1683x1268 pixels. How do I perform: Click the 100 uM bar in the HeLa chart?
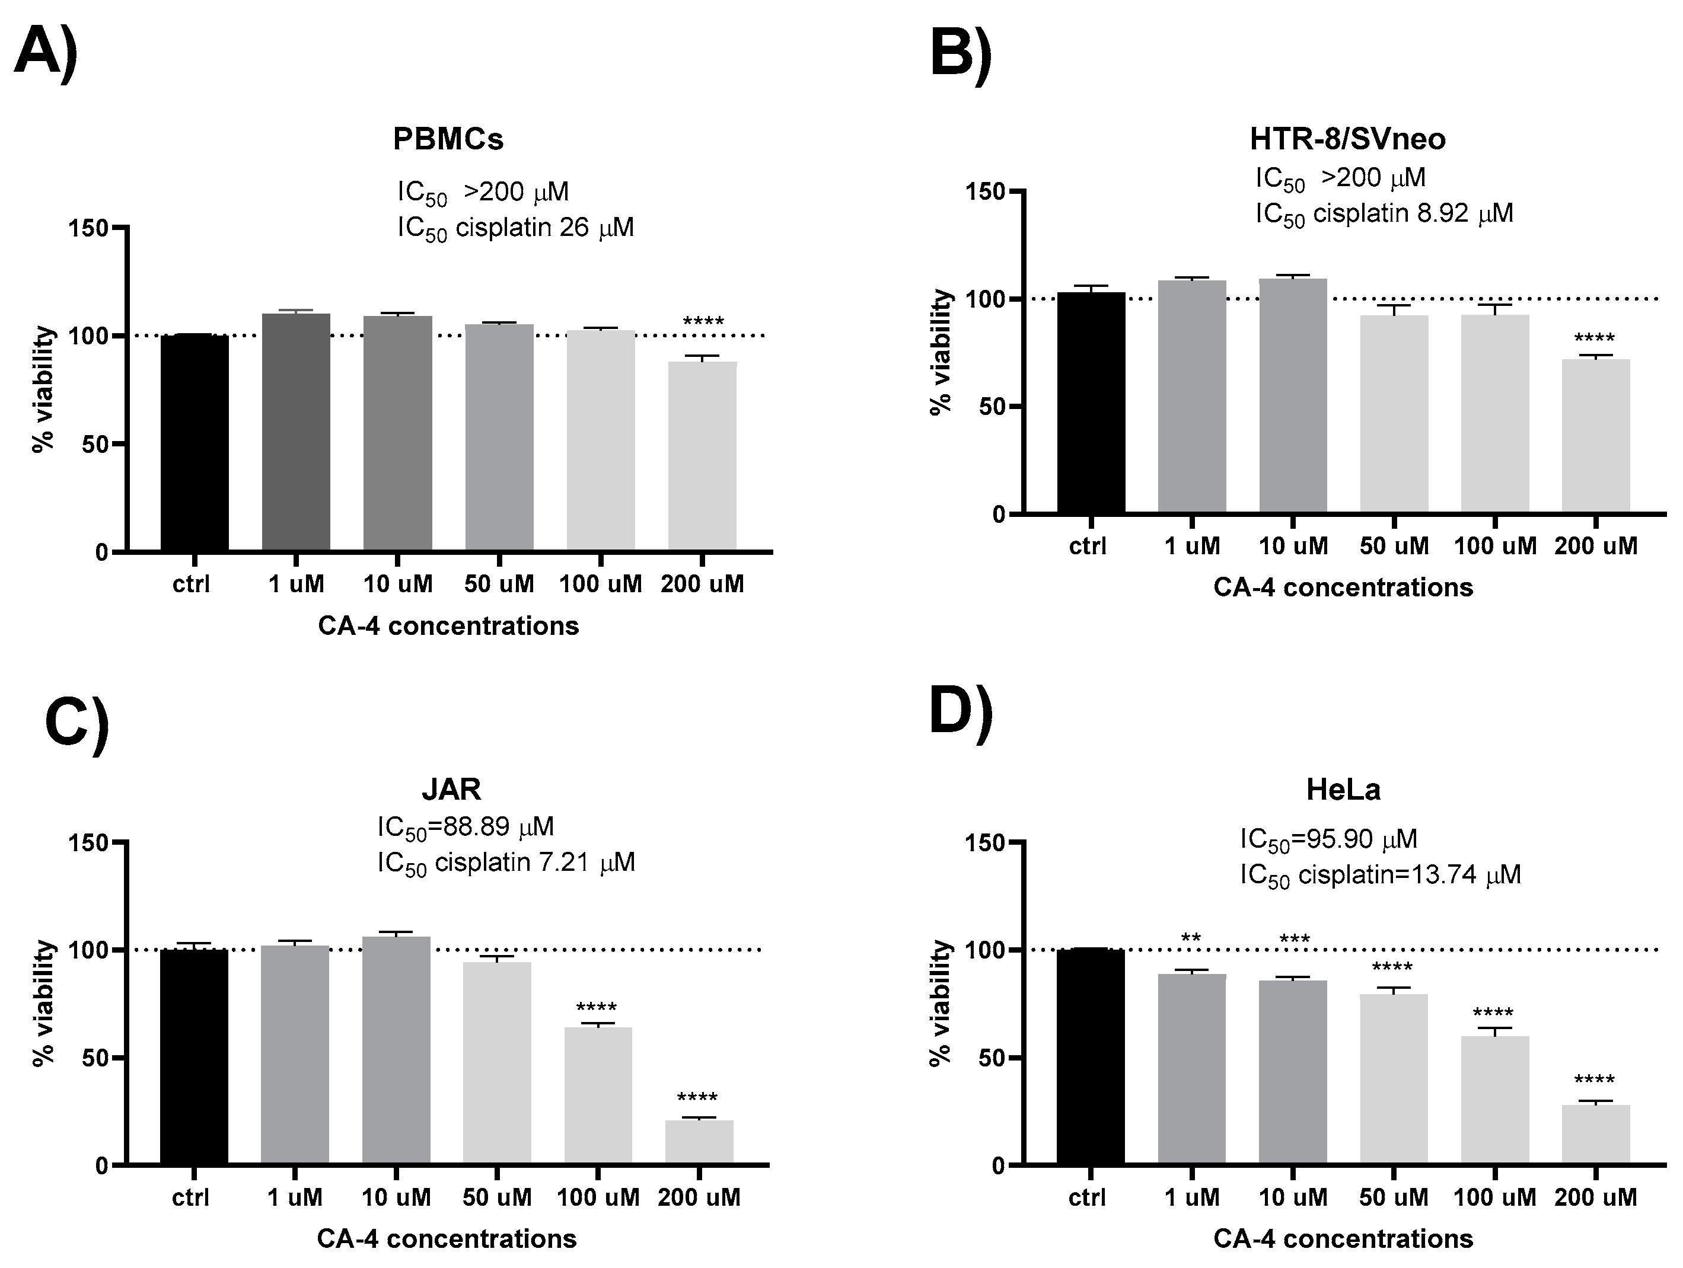point(1494,1098)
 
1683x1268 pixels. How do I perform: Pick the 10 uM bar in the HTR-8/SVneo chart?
point(1293,395)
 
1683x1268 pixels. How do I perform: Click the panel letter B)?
point(960,55)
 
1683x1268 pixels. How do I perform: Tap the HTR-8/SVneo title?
point(1347,139)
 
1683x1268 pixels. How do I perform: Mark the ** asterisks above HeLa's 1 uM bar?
point(1191,938)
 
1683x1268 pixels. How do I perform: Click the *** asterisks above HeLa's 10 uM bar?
point(1294,940)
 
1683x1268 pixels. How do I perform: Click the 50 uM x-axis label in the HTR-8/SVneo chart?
point(1394,545)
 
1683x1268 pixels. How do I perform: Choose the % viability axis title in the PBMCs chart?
point(44,389)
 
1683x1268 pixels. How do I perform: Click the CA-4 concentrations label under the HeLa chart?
point(1342,1238)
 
